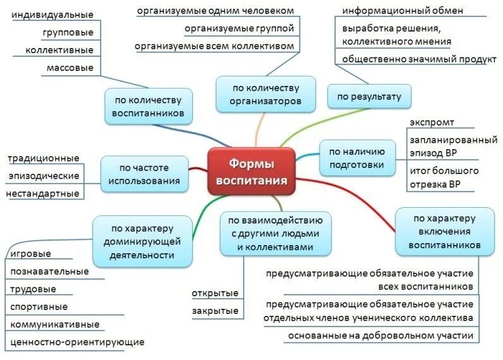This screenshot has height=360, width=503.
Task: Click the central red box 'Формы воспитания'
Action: click(x=251, y=172)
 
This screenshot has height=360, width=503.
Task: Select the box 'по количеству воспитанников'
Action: click(x=147, y=106)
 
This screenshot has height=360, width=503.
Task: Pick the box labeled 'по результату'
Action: click(x=368, y=97)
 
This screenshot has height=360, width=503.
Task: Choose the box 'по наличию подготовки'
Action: click(x=357, y=158)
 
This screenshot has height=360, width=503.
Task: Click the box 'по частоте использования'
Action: click(x=144, y=175)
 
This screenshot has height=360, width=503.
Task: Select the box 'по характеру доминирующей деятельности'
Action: click(x=142, y=241)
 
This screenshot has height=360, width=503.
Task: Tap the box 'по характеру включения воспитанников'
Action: click(x=444, y=231)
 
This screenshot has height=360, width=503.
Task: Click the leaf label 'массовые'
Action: click(x=70, y=67)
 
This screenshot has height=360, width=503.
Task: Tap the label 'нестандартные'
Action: click(x=43, y=193)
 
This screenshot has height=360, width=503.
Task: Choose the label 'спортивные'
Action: click(x=39, y=307)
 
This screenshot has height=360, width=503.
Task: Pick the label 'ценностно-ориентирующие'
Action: click(x=77, y=342)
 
